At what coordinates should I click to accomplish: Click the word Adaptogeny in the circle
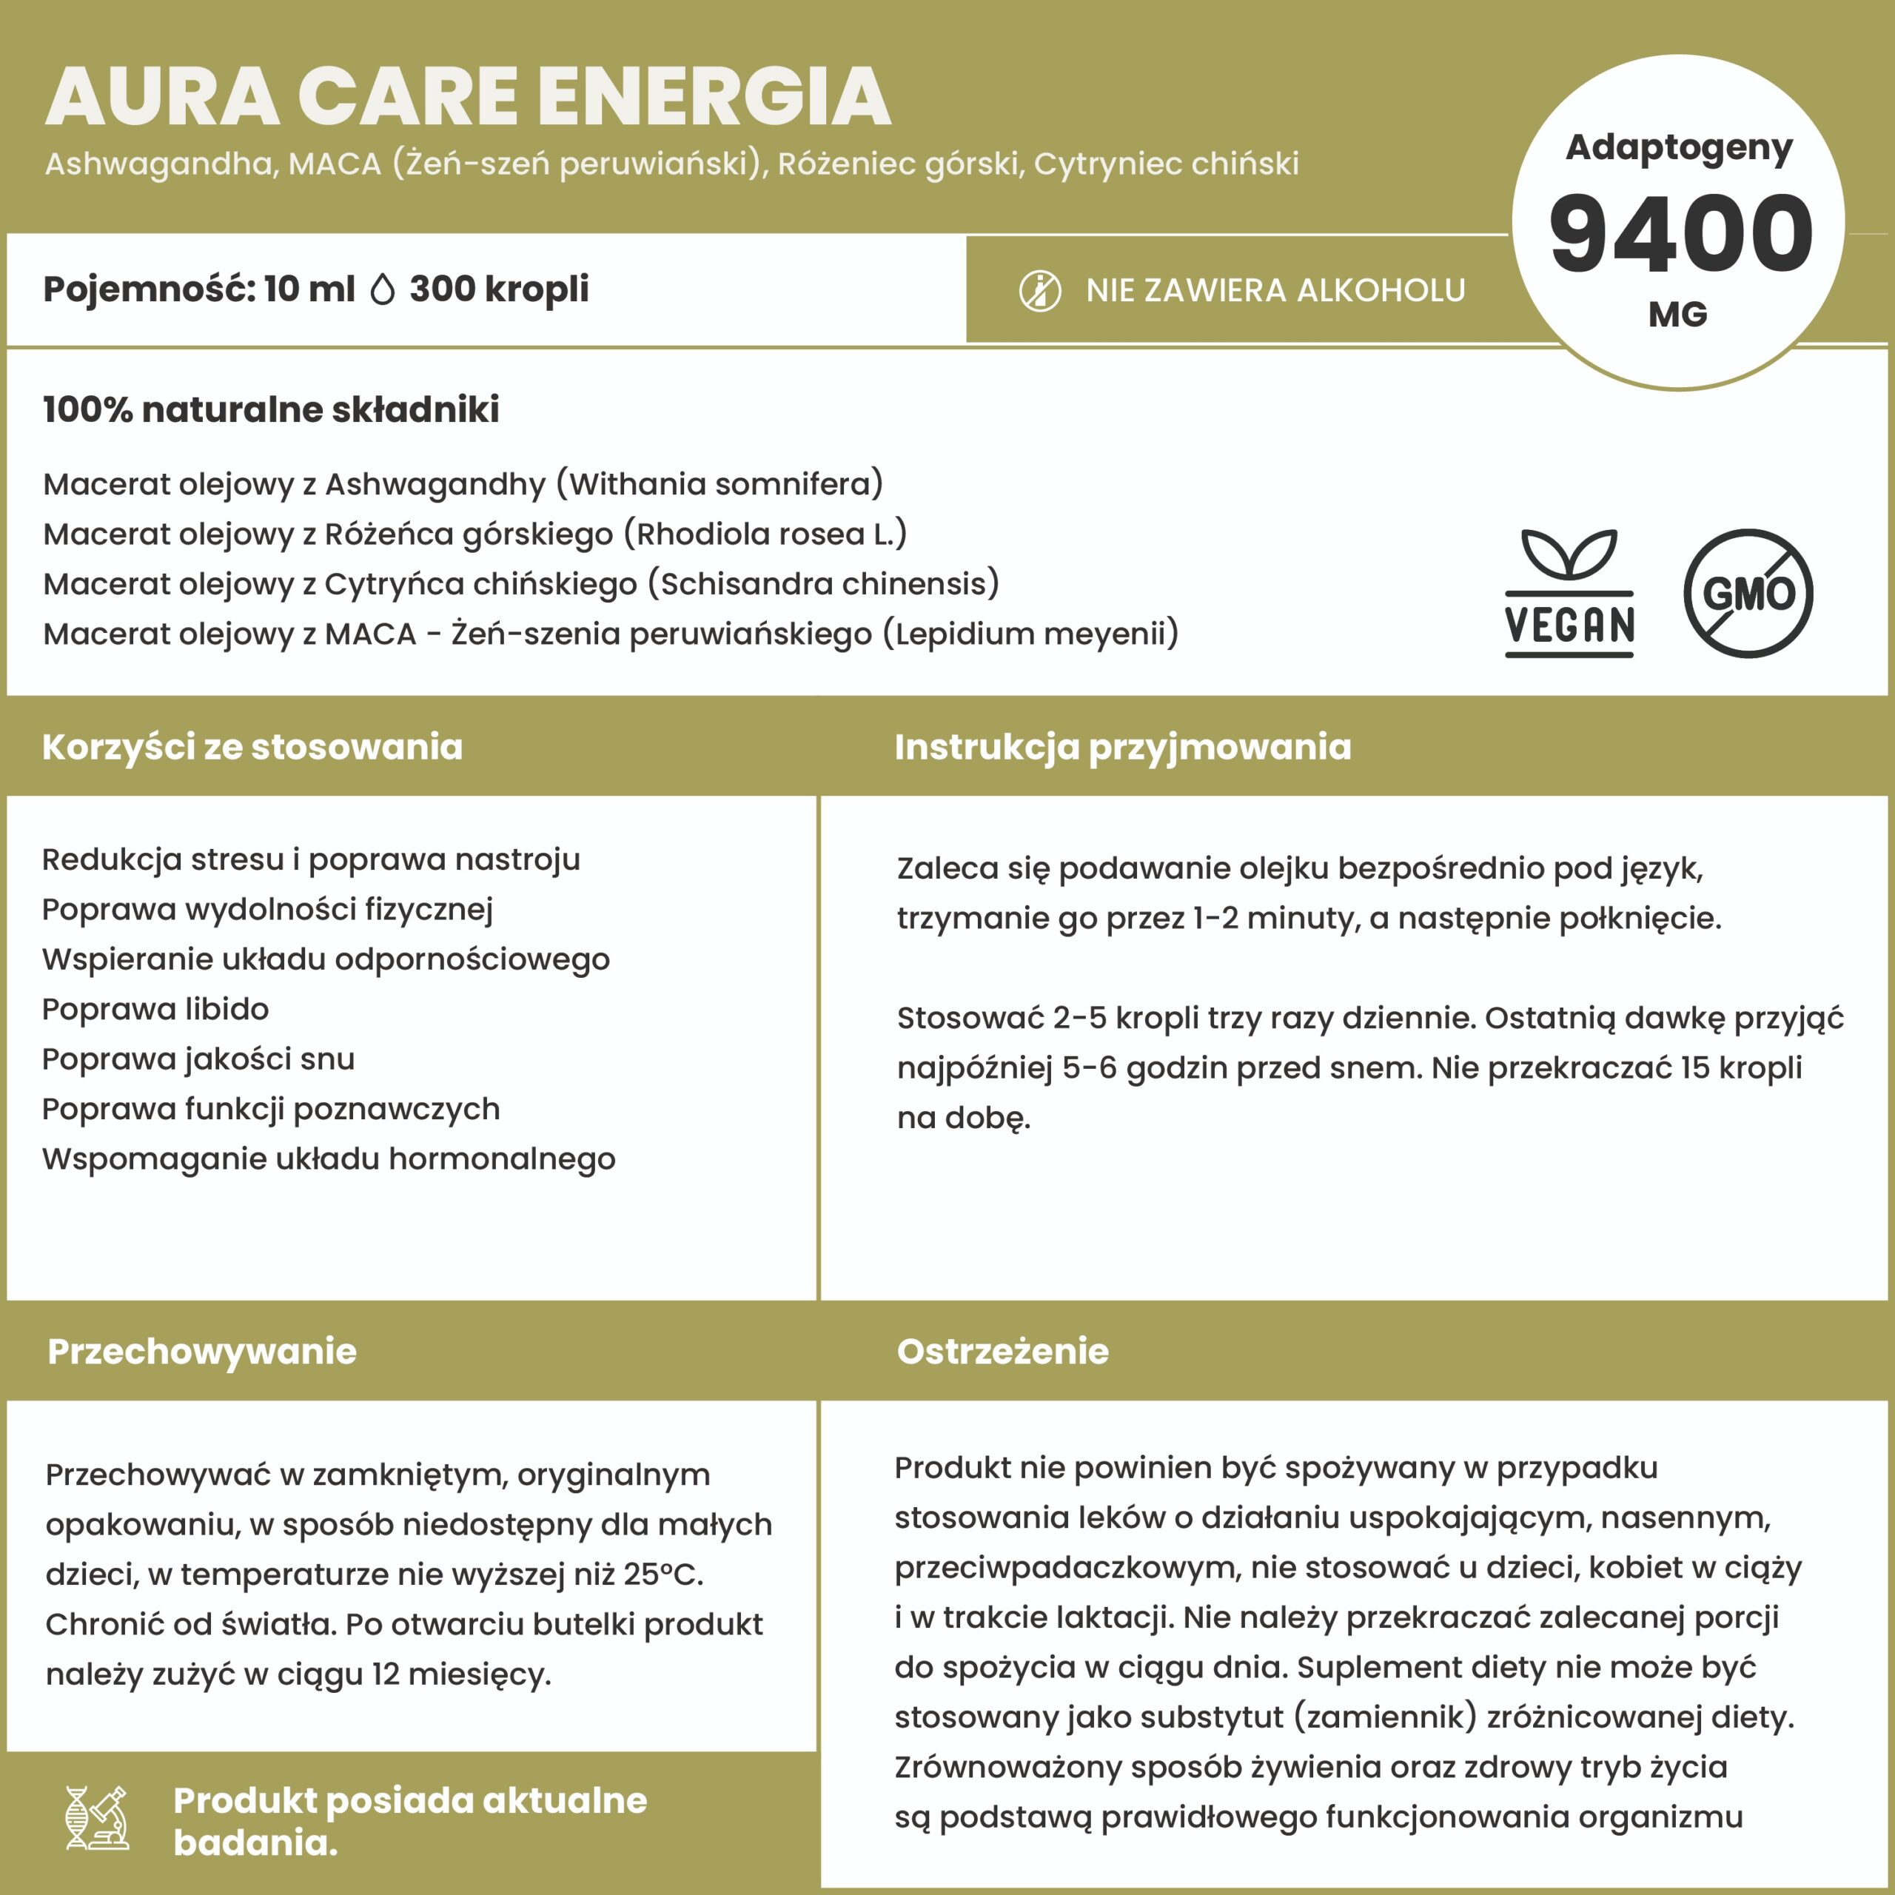tap(1678, 147)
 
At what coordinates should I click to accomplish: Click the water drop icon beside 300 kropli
tap(383, 289)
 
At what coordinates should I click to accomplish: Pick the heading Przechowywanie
tap(202, 1351)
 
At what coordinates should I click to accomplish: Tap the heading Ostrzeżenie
tap(1002, 1351)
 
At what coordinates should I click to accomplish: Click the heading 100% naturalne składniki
tap(271, 409)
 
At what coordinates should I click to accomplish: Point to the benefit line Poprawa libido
tap(155, 1008)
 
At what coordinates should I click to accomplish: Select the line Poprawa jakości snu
tap(198, 1059)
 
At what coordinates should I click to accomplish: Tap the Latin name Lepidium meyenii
tap(1030, 634)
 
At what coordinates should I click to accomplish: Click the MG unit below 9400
tap(1678, 314)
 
